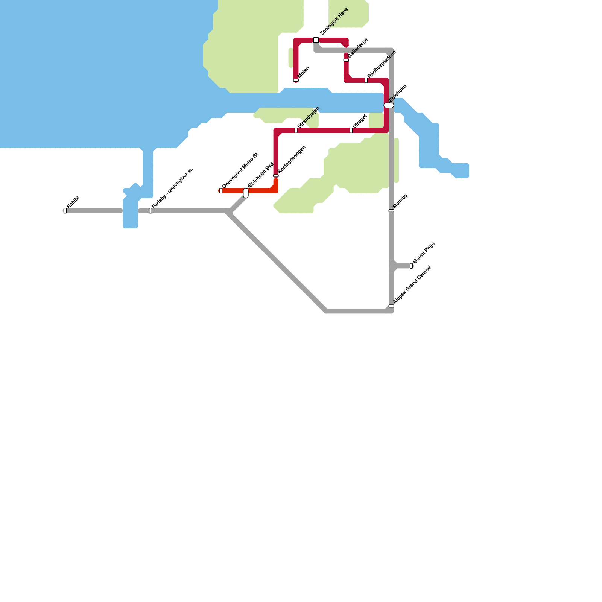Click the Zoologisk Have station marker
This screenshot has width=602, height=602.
coord(316,40)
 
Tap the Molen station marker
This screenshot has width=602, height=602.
coord(296,80)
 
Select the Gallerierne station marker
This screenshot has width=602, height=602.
coord(346,60)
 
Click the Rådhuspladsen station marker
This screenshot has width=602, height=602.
coord(366,80)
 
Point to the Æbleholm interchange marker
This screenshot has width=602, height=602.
coord(389,105)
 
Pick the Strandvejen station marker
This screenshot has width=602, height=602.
coord(296,131)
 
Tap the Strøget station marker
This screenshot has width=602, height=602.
coord(351,131)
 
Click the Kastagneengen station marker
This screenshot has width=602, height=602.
coord(276,176)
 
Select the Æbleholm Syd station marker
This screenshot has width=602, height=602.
coord(246,193)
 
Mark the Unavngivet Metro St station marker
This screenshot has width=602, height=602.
coord(221,191)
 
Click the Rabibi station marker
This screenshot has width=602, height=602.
coord(65,211)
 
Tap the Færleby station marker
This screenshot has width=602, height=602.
coord(150,211)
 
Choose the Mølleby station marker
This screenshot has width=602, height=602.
coord(391,211)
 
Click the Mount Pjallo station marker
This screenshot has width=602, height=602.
coord(411,266)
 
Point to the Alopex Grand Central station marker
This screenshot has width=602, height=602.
coord(391,306)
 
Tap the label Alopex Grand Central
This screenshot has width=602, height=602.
coord(412,285)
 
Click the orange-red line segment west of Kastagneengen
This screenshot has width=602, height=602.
coord(260,191)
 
